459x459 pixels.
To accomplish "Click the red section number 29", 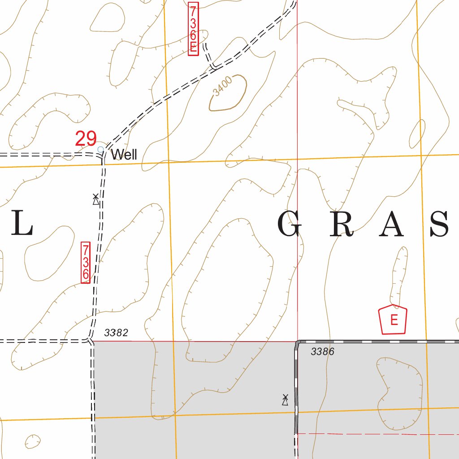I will pyautogui.click(x=86, y=139).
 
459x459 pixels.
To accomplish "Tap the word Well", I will pyautogui.click(x=124, y=155).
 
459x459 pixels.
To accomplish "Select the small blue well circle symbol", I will pyautogui.click(x=100, y=149).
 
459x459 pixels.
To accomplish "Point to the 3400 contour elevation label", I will pyautogui.click(x=223, y=86).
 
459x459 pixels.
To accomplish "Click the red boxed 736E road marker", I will pyautogui.click(x=193, y=29).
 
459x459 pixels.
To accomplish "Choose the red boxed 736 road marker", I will pyautogui.click(x=86, y=262).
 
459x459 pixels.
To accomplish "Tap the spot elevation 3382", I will pyautogui.click(x=116, y=333).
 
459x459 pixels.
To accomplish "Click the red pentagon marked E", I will pyautogui.click(x=393, y=320).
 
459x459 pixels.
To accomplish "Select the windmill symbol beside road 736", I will pyautogui.click(x=95, y=199).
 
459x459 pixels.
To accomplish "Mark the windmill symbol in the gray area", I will pyautogui.click(x=285, y=400).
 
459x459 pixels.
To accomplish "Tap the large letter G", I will pyautogui.click(x=290, y=225).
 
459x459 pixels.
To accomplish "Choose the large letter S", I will pyautogui.click(x=440, y=225).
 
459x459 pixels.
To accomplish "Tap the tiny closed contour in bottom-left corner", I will pyautogui.click(x=32, y=441).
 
